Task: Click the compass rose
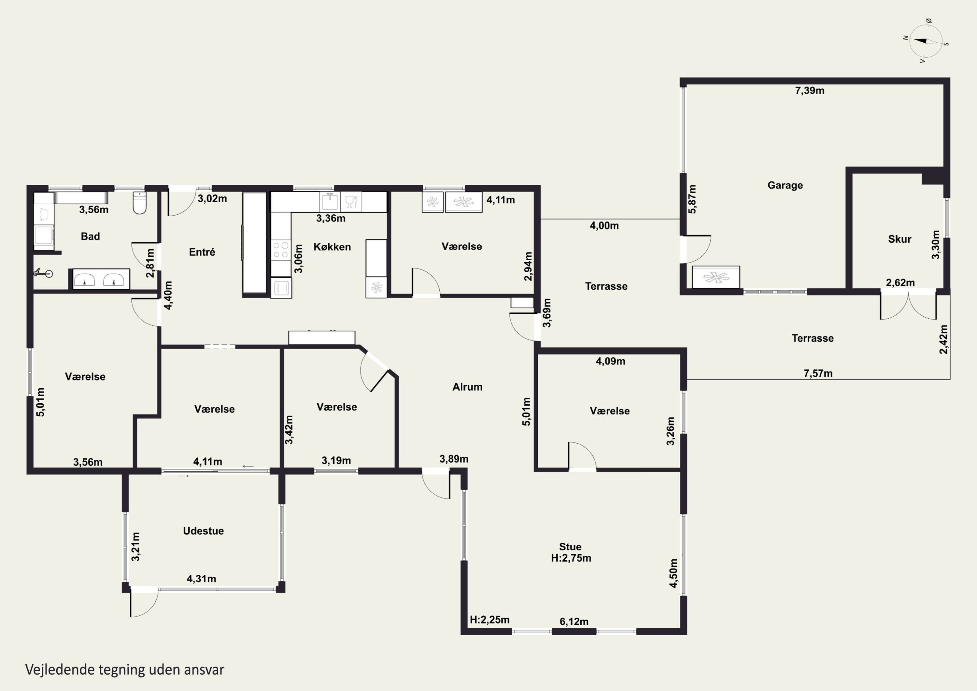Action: [x=926, y=41]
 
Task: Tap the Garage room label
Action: [x=785, y=185]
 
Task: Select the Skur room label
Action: [x=899, y=239]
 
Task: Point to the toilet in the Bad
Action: [x=140, y=202]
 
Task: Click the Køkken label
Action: [x=332, y=247]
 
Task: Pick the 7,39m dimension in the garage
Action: [x=809, y=91]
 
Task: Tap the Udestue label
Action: [x=204, y=531]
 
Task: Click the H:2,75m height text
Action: [x=571, y=558]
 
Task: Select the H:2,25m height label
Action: [x=489, y=620]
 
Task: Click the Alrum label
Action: [x=467, y=387]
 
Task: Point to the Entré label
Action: [x=202, y=252]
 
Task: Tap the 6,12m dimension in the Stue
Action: [x=574, y=622]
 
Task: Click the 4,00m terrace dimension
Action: [x=604, y=226]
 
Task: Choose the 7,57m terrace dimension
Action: [x=818, y=373]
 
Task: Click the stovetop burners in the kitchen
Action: [x=281, y=250]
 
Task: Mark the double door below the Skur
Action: [x=908, y=306]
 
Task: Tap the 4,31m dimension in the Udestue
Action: [x=201, y=579]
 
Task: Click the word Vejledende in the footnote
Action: [x=60, y=670]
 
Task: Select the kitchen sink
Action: [x=330, y=202]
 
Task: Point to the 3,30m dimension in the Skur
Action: [x=936, y=244]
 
